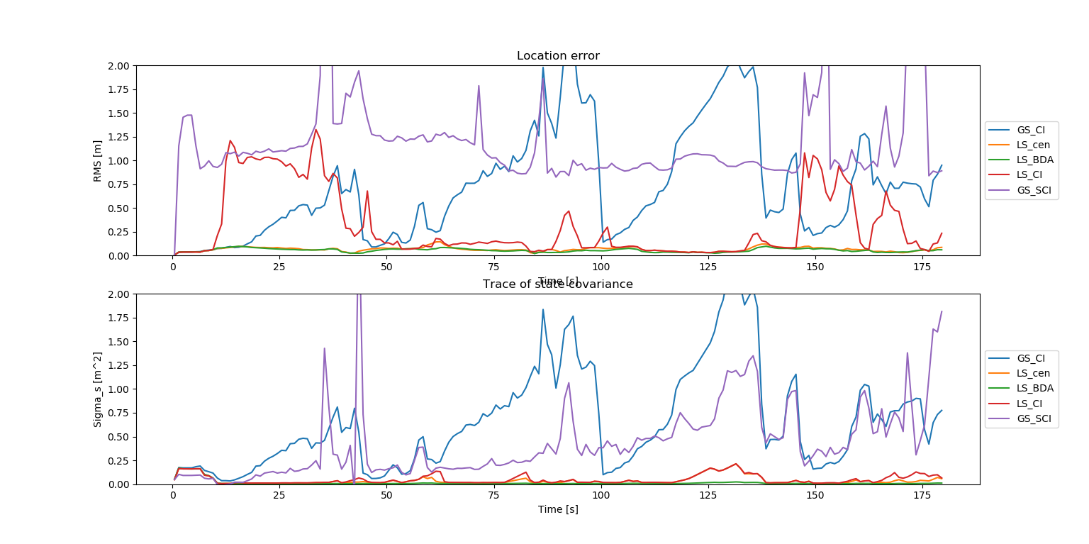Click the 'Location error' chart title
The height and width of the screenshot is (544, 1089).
[558, 56]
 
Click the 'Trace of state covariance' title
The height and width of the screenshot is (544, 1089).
[558, 284]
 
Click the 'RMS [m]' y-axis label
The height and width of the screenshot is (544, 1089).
[98, 160]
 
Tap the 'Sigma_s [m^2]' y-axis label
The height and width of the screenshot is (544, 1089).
[98, 389]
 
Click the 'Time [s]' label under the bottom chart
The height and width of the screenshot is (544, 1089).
[558, 509]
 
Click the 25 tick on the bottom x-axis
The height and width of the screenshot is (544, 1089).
[280, 494]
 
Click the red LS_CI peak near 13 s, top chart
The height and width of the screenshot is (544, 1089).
[230, 140]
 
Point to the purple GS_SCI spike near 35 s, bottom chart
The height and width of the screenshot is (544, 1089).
[324, 348]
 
